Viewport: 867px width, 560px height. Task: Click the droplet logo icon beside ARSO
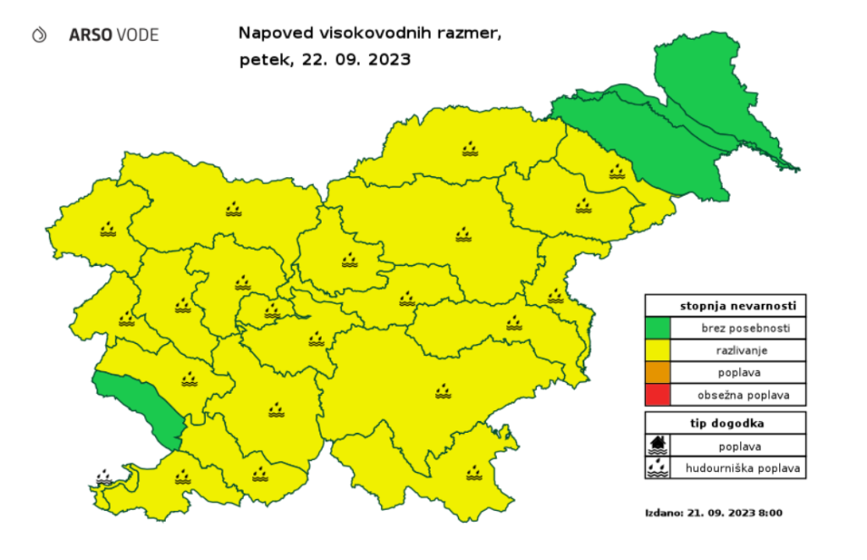(x=38, y=35)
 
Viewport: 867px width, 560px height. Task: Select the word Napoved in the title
(x=269, y=35)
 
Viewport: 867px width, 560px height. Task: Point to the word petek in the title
(x=259, y=60)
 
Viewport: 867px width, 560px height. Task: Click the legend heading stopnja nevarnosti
(x=726, y=306)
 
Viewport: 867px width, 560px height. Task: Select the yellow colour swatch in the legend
(x=657, y=350)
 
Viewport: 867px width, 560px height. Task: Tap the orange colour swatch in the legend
(x=657, y=372)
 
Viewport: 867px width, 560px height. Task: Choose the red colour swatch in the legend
(x=657, y=394)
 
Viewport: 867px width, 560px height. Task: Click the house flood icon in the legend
(x=657, y=445)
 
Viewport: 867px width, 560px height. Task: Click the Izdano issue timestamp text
(x=713, y=513)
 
